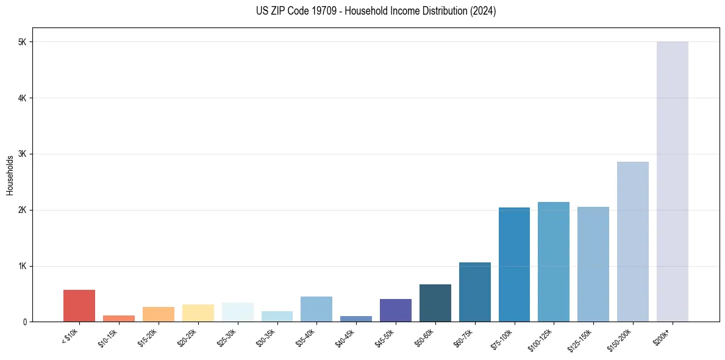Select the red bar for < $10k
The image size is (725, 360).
click(79, 306)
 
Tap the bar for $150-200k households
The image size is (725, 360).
click(632, 242)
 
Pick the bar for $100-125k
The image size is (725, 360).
click(554, 262)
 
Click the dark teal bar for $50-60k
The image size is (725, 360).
click(435, 303)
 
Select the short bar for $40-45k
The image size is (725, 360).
click(356, 319)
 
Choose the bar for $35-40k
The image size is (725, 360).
click(316, 309)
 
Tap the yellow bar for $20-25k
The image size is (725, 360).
click(198, 313)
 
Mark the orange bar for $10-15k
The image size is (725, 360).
click(119, 319)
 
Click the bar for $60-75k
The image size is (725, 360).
click(474, 292)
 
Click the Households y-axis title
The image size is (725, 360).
click(10, 175)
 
